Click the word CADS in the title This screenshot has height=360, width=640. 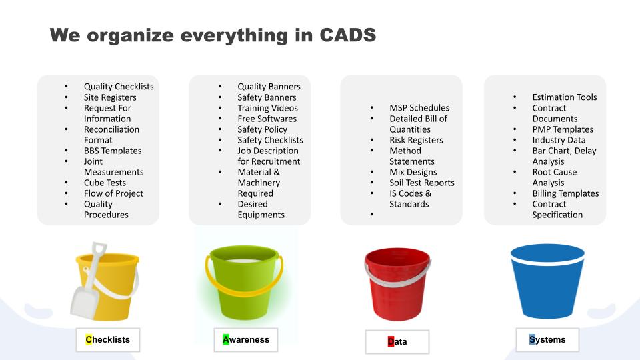347,35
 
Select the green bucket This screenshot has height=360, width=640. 244,281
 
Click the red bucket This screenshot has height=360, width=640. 397,284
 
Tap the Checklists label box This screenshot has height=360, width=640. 108,339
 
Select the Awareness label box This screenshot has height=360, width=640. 246,339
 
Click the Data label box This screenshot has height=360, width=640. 397,341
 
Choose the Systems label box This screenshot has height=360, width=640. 547,339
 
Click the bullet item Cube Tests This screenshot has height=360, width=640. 105,183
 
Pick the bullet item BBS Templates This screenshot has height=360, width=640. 113,151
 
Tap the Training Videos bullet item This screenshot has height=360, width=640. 268,108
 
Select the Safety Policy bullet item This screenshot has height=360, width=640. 263,129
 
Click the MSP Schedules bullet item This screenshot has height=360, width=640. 419,108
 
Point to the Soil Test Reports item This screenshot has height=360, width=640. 421,183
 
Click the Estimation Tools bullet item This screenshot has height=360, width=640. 565,97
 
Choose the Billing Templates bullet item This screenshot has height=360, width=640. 565,193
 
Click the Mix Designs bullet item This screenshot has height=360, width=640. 413,172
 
